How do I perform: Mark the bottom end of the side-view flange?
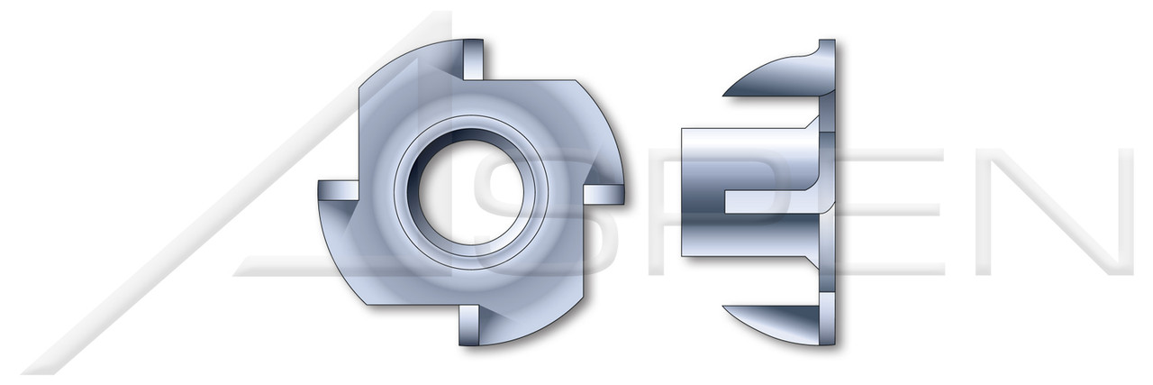(827, 341)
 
